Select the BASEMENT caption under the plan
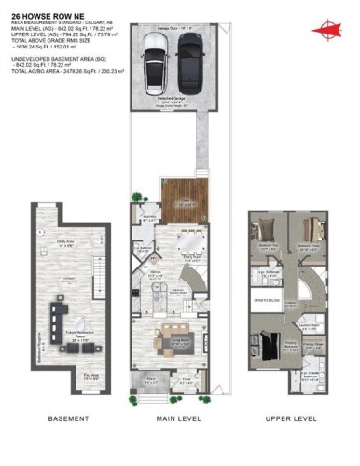pyautogui.click(x=67, y=418)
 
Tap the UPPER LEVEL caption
pyautogui.click(x=290, y=418)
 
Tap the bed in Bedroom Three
pyautogui.click(x=312, y=230)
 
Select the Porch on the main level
pyautogui.click(x=153, y=381)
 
